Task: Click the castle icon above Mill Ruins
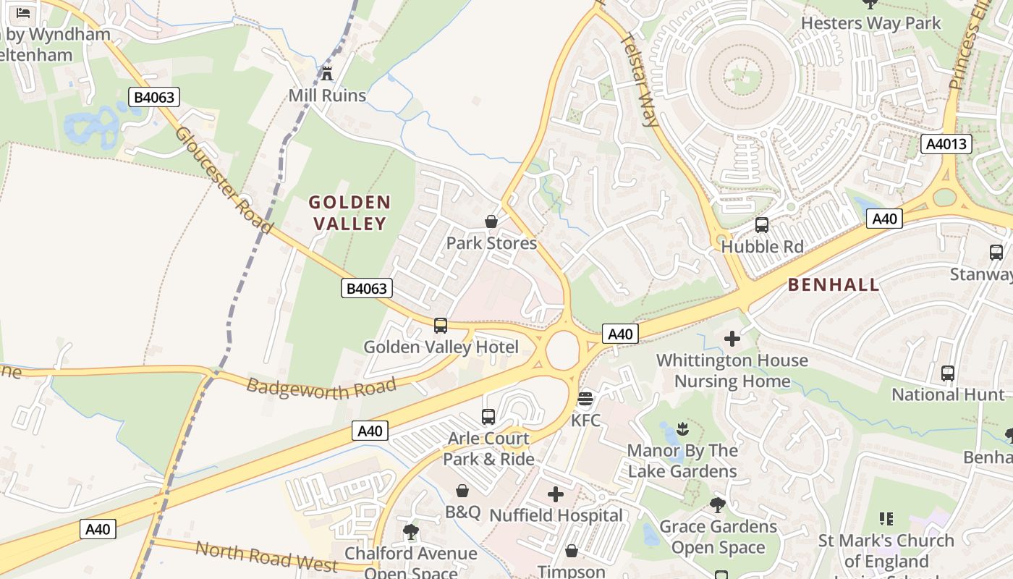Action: pos(327,73)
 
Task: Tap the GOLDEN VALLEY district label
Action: pos(350,213)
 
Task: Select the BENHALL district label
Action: pos(834,284)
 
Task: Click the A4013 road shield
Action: pos(946,144)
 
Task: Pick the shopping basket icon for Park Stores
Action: pos(491,221)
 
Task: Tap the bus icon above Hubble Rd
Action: pos(762,225)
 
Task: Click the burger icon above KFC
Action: pos(585,399)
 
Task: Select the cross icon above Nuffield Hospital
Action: pos(556,494)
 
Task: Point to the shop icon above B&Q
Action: pos(462,491)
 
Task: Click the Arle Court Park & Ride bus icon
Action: pos(488,417)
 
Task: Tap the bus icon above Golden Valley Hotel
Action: pos(441,326)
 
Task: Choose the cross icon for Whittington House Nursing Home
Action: pos(732,339)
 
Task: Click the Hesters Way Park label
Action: pos(870,23)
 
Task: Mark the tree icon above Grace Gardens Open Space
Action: pos(718,504)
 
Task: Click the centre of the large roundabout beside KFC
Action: pos(562,351)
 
